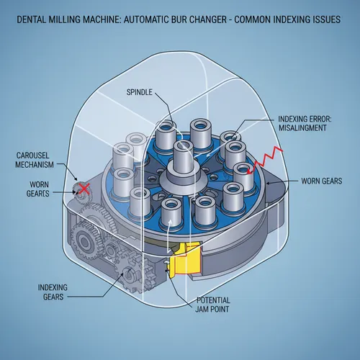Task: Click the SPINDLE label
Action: [140, 92]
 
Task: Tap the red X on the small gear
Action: [84, 189]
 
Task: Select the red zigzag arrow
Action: [265, 160]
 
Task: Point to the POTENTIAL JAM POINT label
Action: [212, 305]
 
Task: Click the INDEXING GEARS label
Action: [53, 292]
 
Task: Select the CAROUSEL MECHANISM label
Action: [35, 160]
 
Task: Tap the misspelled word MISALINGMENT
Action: [302, 128]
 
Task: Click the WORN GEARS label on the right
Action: [322, 181]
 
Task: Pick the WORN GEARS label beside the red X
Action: [38, 189]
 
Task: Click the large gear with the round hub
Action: [84, 240]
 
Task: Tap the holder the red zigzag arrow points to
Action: [244, 176]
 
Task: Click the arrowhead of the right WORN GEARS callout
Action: [268, 183]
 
